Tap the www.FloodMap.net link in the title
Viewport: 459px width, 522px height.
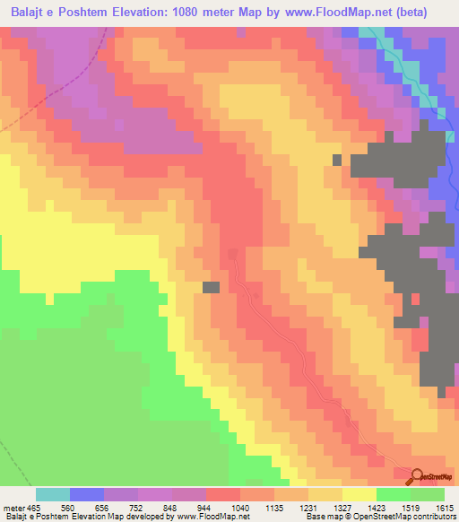(x=355, y=12)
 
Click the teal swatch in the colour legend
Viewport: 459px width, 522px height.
(x=53, y=494)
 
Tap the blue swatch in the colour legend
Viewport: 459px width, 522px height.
(x=87, y=494)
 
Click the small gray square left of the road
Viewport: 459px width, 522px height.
(x=211, y=287)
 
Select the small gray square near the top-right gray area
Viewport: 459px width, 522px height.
(x=337, y=160)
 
